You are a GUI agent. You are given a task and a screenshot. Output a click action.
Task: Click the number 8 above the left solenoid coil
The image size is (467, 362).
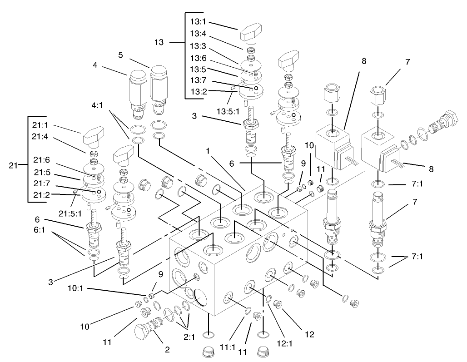364,61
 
